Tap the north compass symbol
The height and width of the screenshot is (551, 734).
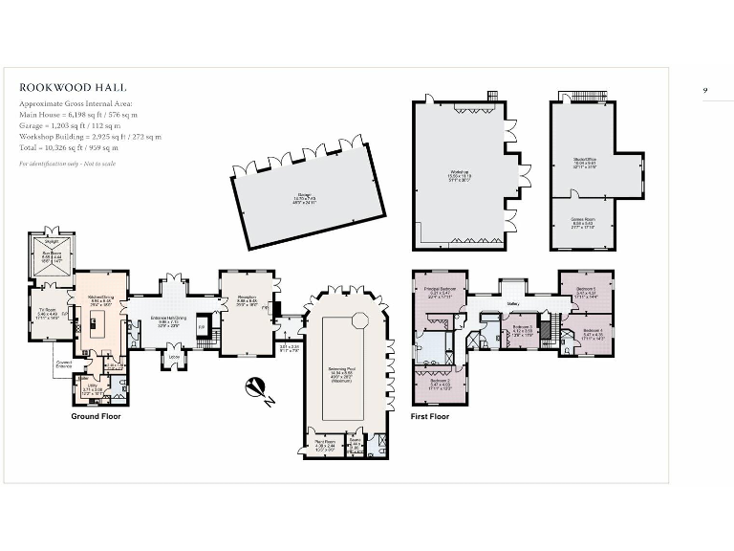tap(256, 386)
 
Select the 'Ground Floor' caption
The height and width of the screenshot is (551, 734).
tap(97, 416)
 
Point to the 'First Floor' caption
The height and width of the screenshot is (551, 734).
tap(430, 416)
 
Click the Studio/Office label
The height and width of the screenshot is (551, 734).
tap(584, 164)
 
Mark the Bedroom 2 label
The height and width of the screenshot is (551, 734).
tap(439, 385)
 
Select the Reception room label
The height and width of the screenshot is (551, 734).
tap(247, 298)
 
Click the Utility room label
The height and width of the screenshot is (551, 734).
tap(92, 391)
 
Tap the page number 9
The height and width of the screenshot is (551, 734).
tap(705, 89)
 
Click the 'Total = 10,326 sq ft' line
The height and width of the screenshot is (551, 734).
tap(69, 148)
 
